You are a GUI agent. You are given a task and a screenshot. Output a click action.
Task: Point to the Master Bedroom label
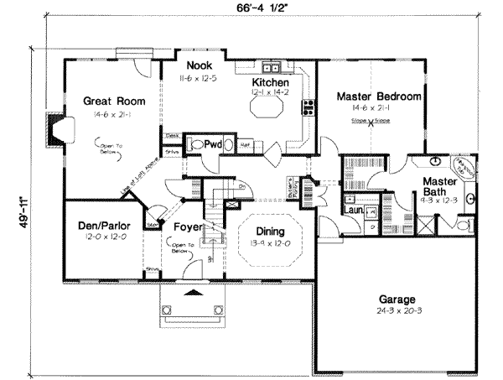[x=378, y=96]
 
